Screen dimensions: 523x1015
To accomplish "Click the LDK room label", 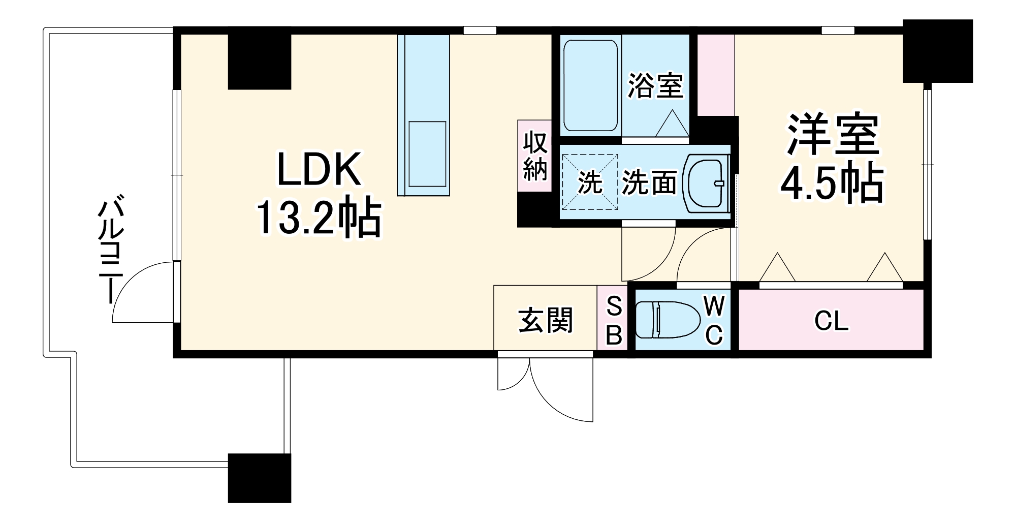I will (319, 169).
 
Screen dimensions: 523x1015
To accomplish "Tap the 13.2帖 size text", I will (319, 218).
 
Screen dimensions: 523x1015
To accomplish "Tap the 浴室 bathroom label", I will (655, 85).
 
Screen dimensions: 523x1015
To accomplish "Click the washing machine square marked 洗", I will (590, 182).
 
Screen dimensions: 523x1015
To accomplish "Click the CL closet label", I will (831, 321).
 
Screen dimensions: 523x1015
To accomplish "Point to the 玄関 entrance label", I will (545, 321).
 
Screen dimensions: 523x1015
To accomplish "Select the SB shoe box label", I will (614, 321).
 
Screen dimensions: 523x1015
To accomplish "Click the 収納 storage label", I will (535, 156).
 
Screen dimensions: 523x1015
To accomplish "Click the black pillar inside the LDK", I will (259, 61).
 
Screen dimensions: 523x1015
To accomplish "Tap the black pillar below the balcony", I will (259, 478).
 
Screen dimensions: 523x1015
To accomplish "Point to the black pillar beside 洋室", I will (937, 51).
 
